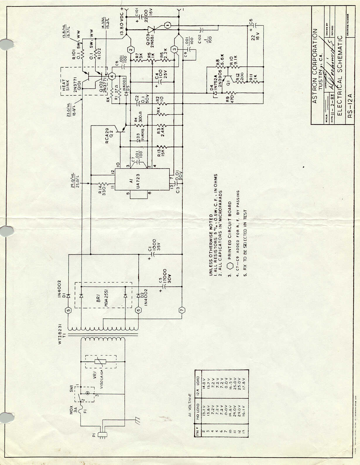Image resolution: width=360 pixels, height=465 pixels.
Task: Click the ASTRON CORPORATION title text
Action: pyautogui.click(x=315, y=66)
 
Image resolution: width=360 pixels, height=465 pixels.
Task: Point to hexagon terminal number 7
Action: pyautogui.click(x=182, y=310)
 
